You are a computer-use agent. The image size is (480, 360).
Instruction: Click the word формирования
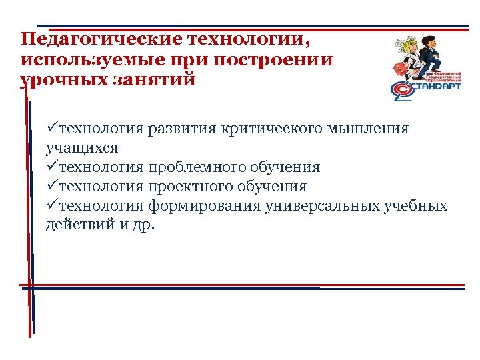[204, 205]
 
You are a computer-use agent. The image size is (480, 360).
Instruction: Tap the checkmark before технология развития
[52, 128]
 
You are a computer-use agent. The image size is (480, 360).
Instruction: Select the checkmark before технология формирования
[52, 205]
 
